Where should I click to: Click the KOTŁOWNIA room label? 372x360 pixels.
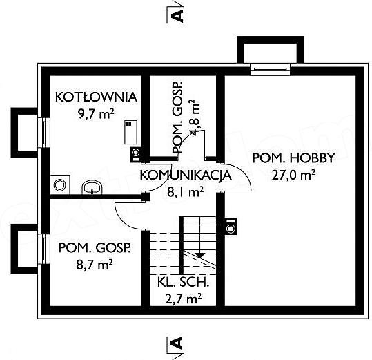97,97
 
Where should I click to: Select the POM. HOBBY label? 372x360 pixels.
294,158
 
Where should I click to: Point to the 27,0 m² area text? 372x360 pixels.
293,176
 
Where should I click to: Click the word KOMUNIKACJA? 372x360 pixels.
186,176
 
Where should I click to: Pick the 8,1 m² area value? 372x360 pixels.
185,192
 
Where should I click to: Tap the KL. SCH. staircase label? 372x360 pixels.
183,283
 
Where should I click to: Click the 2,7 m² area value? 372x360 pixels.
183,299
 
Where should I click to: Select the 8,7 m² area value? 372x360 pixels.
94,265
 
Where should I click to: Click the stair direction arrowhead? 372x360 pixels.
200,255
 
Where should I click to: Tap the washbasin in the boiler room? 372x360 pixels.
92,188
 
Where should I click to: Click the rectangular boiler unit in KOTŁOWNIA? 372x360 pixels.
131,132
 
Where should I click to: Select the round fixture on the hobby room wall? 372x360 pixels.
231,227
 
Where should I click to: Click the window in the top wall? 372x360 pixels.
271,69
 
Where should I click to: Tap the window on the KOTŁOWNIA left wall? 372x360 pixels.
44,133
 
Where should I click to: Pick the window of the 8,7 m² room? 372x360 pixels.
44,249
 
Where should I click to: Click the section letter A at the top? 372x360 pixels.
177,16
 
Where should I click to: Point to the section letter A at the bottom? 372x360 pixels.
177,343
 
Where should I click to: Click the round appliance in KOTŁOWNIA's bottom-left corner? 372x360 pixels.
60,184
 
